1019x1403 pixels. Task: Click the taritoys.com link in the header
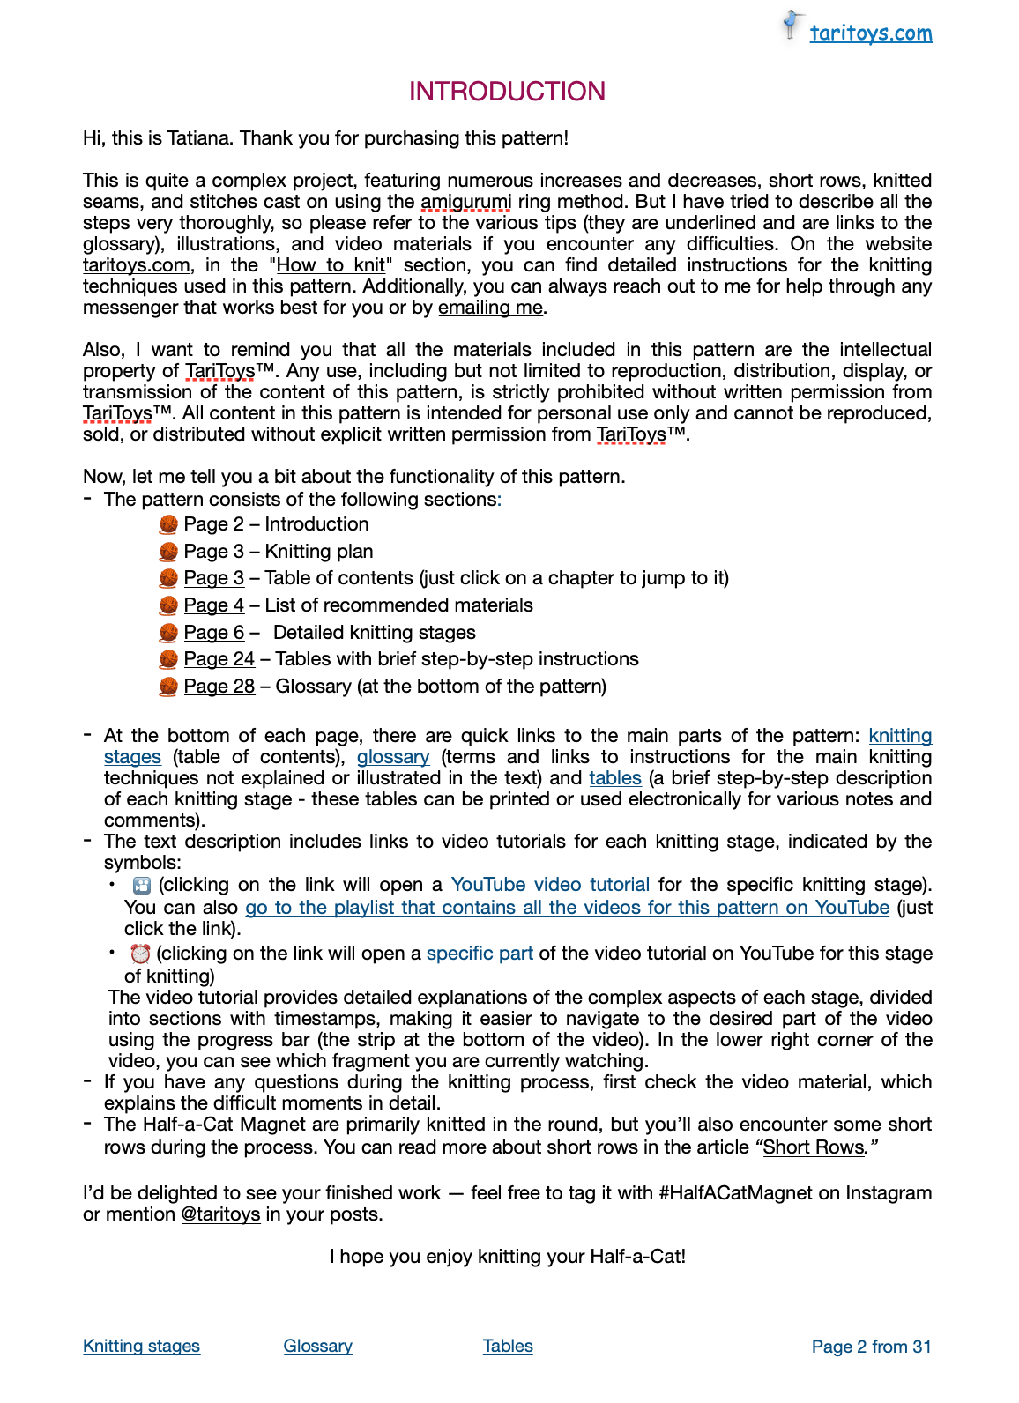[870, 33]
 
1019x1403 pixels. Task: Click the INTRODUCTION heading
[507, 92]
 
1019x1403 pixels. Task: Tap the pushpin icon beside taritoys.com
[792, 24]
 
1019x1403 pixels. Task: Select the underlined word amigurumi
[465, 202]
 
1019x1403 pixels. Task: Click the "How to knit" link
[331, 265]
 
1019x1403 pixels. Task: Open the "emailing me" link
[490, 308]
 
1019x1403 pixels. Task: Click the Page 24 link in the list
[219, 659]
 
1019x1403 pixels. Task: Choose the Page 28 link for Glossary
[219, 687]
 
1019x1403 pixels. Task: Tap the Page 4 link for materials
[213, 605]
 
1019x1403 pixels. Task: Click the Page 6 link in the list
[213, 633]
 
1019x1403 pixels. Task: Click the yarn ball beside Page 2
[168, 525]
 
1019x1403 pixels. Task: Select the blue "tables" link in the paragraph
[615, 778]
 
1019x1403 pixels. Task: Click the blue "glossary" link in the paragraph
[393, 757]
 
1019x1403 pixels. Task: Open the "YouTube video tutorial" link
[550, 885]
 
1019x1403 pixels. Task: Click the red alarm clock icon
[140, 954]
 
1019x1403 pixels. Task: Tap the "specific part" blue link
[480, 954]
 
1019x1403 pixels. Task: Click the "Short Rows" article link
[814, 1147]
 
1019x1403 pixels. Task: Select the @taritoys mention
[220, 1214]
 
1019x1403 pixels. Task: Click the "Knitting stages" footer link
[141, 1347]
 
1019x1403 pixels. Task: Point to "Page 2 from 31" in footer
[871, 1347]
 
